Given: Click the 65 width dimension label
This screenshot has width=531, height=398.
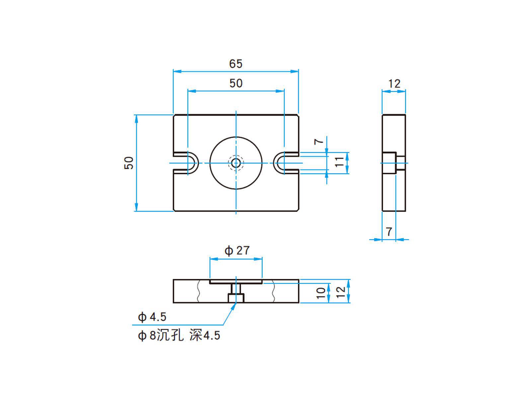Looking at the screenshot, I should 236,63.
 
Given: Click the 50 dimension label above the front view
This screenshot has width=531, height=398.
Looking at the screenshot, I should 236,83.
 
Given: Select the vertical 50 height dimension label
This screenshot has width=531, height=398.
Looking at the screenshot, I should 129,163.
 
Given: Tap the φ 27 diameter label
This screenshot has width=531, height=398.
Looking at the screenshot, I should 237,250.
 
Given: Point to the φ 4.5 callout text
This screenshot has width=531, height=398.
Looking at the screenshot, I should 152,317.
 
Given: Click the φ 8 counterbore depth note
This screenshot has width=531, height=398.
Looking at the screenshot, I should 179,336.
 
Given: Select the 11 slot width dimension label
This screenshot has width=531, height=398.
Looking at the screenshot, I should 339,162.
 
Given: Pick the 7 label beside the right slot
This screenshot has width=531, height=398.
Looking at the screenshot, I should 319,141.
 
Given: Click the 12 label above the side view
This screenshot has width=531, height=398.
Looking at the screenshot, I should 394,84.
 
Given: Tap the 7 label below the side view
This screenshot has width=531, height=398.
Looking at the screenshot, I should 389,231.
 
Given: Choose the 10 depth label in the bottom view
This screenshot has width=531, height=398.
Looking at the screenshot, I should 321,293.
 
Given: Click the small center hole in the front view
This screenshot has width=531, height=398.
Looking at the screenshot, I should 236,163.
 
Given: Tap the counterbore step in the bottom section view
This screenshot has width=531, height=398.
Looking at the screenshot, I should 236,298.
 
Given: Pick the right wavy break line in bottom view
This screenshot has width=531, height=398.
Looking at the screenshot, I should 273,291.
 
